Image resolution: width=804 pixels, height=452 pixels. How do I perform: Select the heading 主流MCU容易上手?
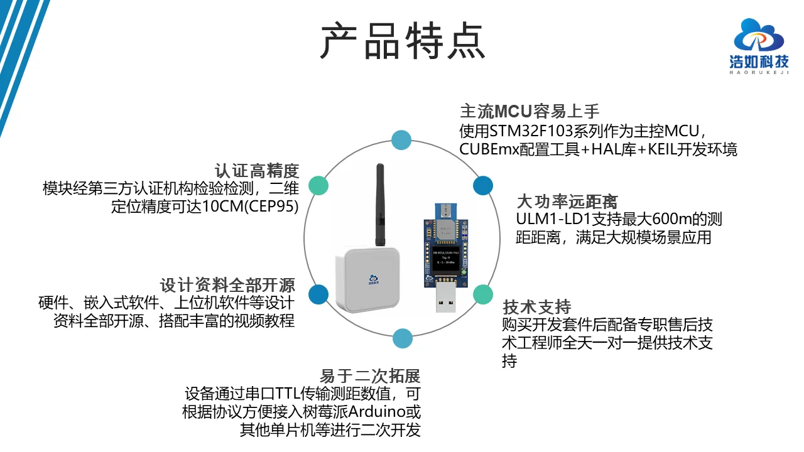tap(530, 112)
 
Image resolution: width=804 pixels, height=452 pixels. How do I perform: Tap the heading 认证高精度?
tap(256, 171)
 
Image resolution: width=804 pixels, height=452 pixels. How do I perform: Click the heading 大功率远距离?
tap(567, 202)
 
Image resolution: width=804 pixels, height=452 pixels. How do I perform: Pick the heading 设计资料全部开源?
tap(227, 285)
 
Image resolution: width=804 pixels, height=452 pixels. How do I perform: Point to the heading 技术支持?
tap(536, 307)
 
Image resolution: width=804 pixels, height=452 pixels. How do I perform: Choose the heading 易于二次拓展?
tap(370, 376)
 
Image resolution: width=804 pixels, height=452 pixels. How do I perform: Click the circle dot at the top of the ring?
tap(401, 140)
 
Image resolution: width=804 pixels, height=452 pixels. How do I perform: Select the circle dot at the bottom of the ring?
tap(403, 338)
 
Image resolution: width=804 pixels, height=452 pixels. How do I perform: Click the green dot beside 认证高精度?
tap(319, 185)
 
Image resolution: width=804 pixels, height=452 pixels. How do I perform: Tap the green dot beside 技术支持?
tap(482, 294)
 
